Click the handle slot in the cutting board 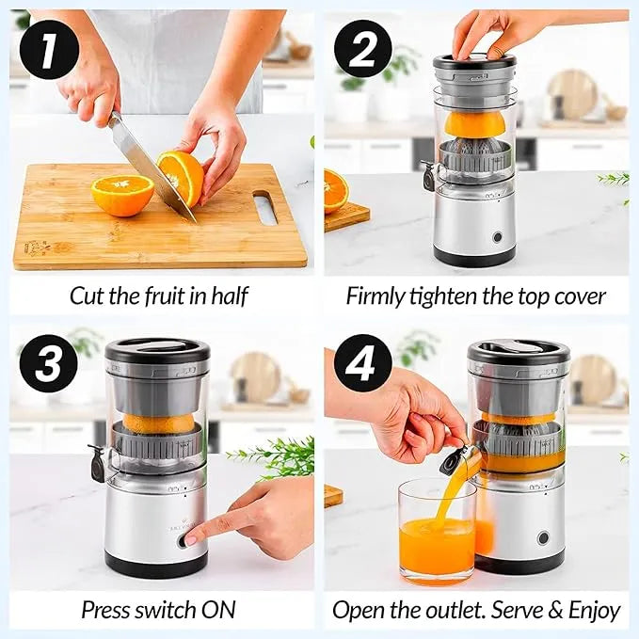(265, 207)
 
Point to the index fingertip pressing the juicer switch (194, 537)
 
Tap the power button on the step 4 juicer (543, 538)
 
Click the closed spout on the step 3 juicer (97, 462)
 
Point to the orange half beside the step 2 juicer (335, 192)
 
